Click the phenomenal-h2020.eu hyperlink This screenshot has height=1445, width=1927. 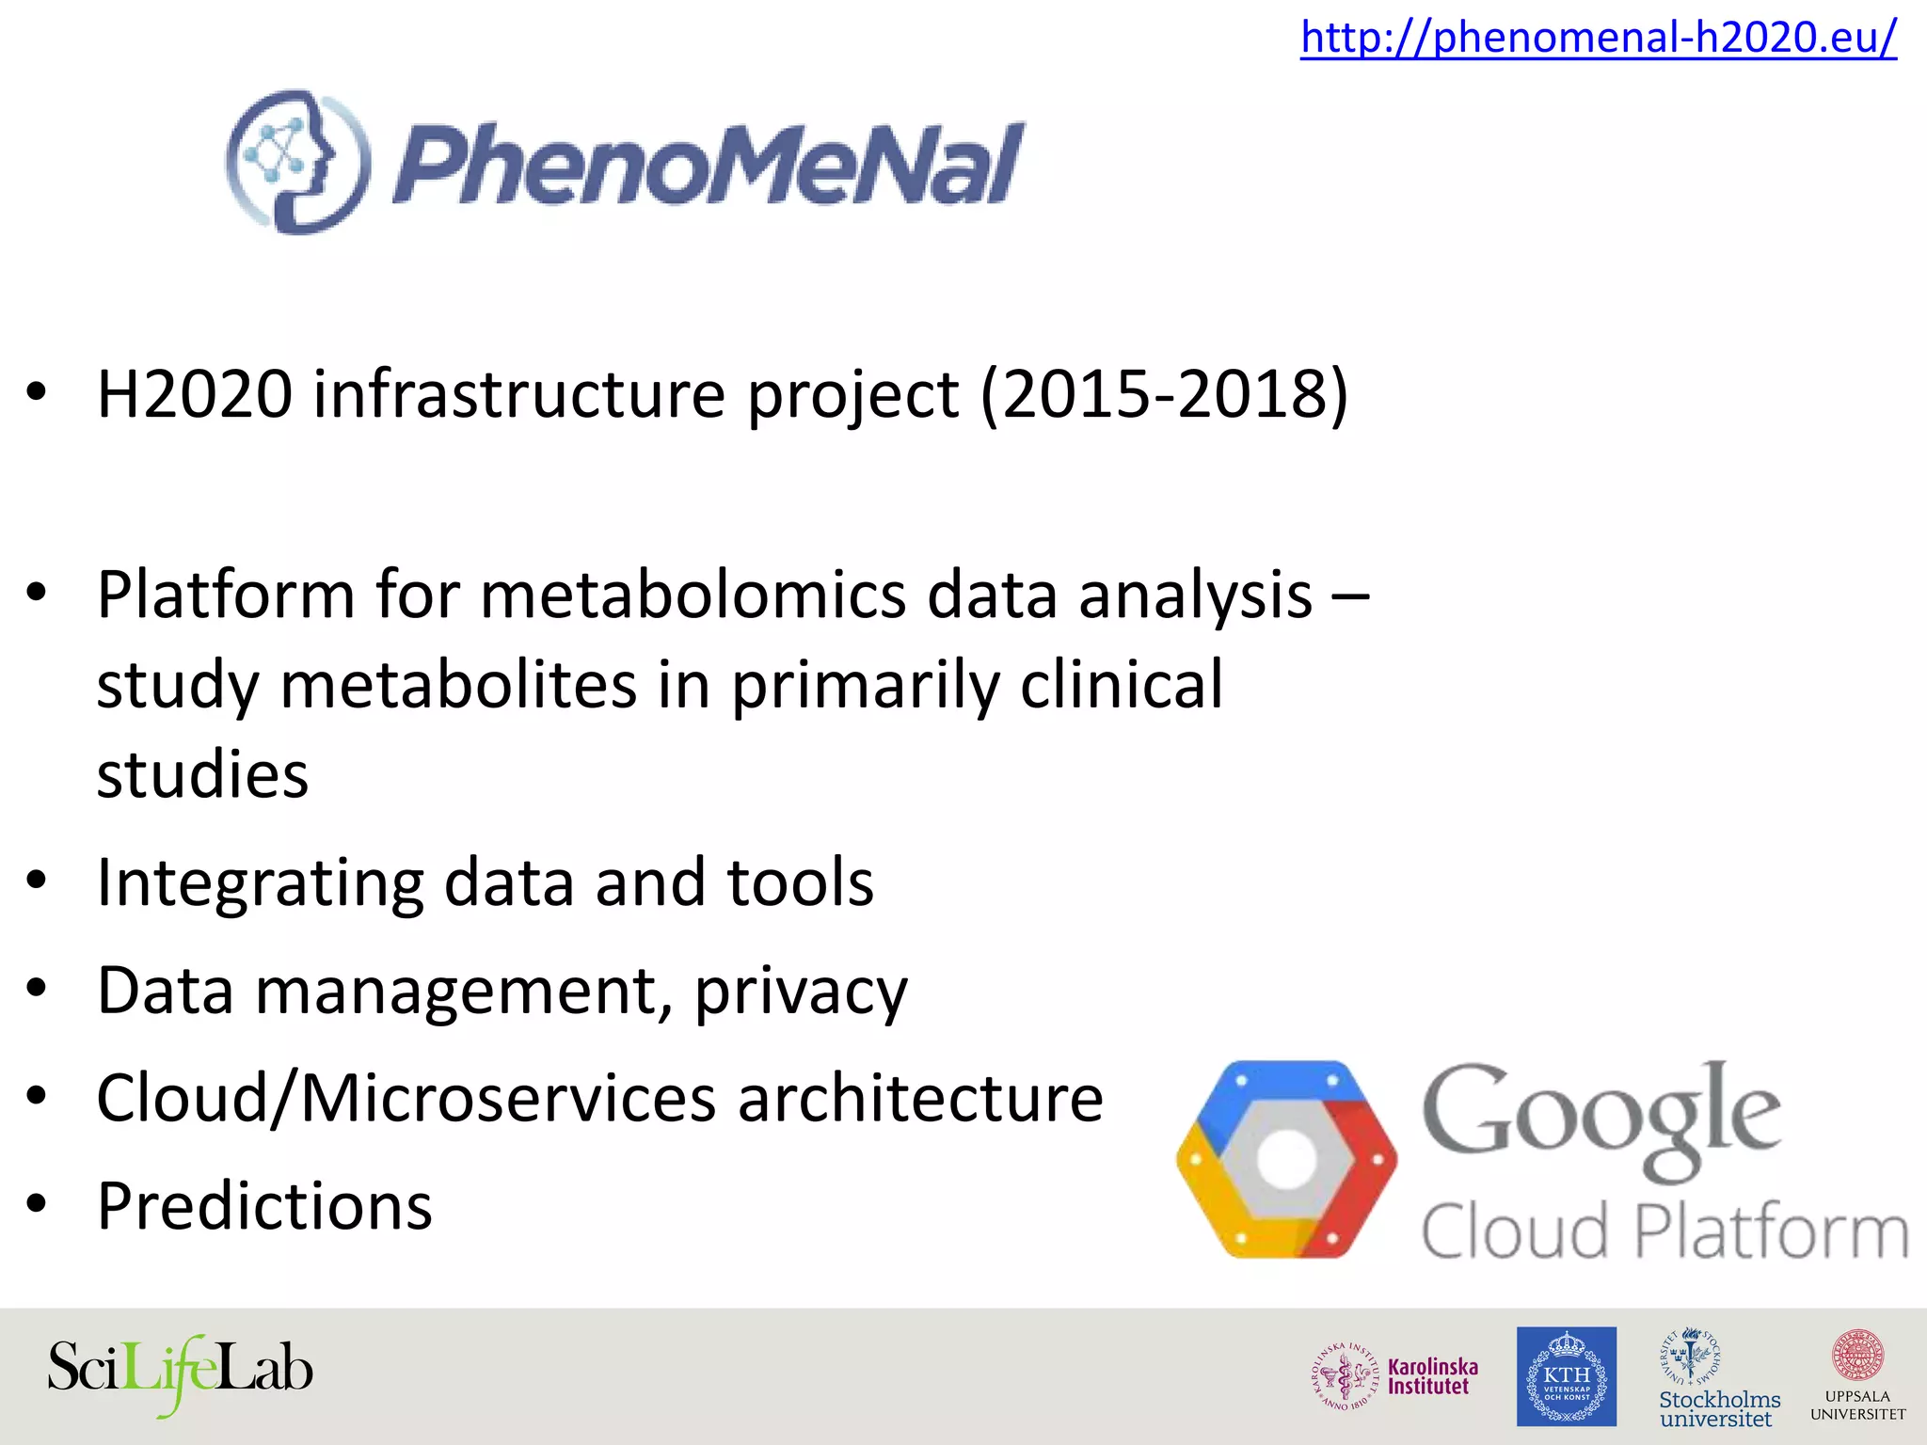coord(1598,38)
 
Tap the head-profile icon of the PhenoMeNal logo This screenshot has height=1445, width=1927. coord(297,162)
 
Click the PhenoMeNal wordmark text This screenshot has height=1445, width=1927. coord(708,166)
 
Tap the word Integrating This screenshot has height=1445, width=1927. coord(260,884)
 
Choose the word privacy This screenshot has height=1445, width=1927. coord(801,992)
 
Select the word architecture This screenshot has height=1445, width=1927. coord(920,1098)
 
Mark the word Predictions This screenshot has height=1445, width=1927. coord(264,1206)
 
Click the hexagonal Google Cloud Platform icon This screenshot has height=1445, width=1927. coord(1286,1159)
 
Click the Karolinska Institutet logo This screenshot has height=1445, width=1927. coord(1395,1375)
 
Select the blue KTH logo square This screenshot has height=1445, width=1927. coord(1566,1376)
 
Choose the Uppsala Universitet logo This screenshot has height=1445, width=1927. coord(1857,1375)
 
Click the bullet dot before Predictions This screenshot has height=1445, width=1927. coord(37,1204)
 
